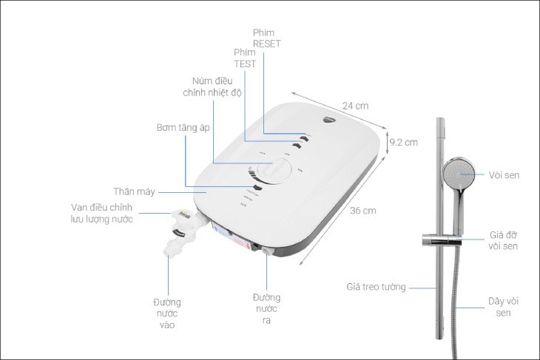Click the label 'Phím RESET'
click(267, 38)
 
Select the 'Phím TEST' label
click(244, 58)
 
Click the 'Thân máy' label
click(135, 191)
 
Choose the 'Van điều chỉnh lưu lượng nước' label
click(102, 214)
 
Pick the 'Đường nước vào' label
click(167, 313)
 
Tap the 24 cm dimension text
click(355, 105)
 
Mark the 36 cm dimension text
click(363, 211)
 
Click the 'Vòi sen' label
click(504, 175)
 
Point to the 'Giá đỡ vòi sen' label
click(503, 240)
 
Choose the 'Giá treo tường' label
click(376, 286)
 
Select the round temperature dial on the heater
click(275, 171)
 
